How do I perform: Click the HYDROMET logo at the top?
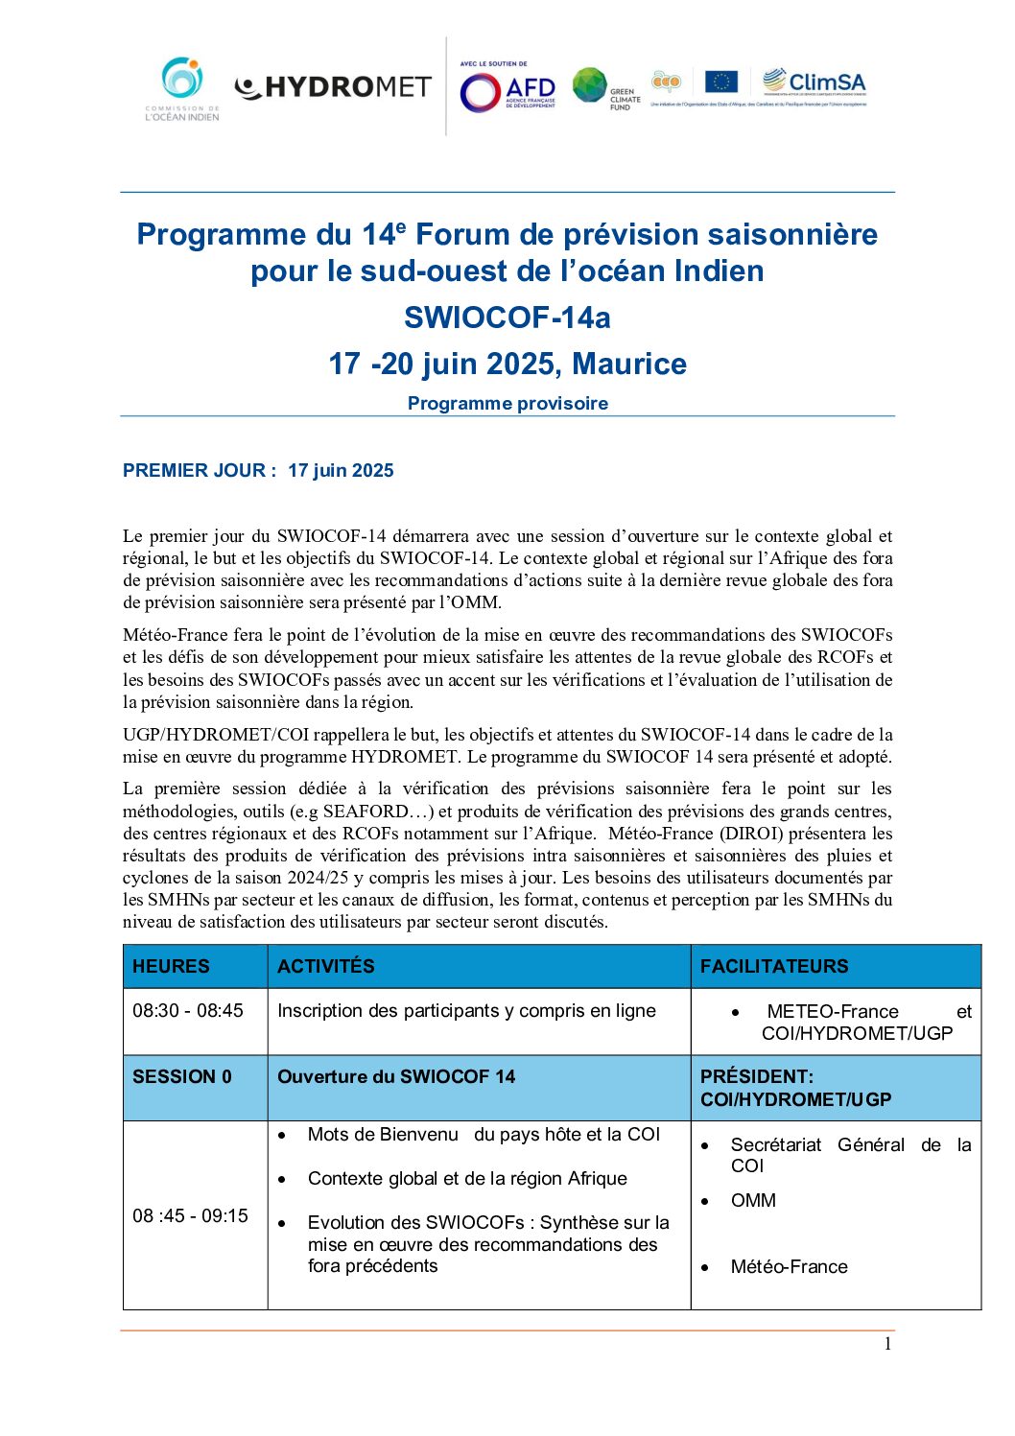point(333,87)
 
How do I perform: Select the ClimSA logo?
point(814,83)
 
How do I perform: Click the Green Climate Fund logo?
point(606,89)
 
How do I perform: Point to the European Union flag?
point(720,82)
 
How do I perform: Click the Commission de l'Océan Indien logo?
point(182,89)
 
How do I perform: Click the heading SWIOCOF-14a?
point(507,318)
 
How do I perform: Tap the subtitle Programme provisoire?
point(507,403)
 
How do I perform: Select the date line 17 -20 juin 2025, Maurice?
point(507,364)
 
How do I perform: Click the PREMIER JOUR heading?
point(258,470)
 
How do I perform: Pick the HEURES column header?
point(171,966)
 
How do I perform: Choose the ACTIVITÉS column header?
point(326,966)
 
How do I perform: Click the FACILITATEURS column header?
point(774,966)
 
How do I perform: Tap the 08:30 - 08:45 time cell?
point(188,1010)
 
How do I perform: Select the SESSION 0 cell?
point(182,1076)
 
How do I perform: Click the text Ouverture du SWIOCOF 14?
point(396,1076)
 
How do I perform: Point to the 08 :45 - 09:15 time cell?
point(190,1215)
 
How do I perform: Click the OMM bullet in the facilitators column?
point(753,1200)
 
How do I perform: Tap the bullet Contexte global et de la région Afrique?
point(467,1178)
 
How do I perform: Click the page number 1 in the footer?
point(887,1344)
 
